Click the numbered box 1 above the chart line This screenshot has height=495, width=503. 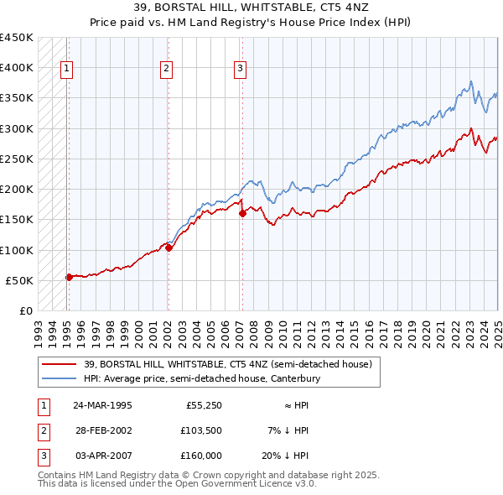coord(66,69)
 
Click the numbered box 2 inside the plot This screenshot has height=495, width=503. coord(167,69)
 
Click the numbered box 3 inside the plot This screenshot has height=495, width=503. coord(240,69)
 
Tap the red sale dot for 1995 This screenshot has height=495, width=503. coord(69,277)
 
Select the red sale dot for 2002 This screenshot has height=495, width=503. coord(169,247)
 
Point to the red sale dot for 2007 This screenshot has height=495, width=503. coord(242,213)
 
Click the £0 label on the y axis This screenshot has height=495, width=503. coord(26,310)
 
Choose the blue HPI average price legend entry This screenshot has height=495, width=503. coord(202,378)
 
